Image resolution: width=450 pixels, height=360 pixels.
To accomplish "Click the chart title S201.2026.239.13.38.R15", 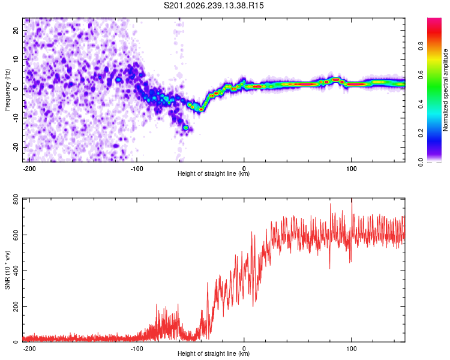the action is [214, 5].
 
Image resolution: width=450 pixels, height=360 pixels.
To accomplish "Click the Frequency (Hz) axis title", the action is [7, 90].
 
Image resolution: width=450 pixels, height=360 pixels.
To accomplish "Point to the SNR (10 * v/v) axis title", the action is [7, 270].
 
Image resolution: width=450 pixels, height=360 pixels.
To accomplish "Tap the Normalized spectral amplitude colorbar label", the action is [445, 90].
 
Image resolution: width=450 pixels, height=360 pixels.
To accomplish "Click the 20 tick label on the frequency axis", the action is [16, 31].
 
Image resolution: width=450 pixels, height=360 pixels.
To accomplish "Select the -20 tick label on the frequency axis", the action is [16, 147].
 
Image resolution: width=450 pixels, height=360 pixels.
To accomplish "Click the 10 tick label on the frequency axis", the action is [16, 60].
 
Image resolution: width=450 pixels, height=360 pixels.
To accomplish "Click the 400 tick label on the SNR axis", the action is [16, 271].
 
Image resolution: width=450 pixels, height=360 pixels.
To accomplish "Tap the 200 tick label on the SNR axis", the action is [16, 307].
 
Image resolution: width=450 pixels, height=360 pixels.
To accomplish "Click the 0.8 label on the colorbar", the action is [421, 46].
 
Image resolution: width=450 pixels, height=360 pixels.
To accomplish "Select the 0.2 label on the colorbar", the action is [421, 133].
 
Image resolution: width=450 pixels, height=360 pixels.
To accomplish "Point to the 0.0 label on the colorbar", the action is [421, 162].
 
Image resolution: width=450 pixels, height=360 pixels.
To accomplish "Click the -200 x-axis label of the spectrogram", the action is [29, 169].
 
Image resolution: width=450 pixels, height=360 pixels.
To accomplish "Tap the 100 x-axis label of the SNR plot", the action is [351, 349].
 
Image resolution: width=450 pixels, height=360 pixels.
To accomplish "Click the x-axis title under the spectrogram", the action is [214, 173].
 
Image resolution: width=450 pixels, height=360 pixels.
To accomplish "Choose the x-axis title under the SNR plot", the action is [214, 353].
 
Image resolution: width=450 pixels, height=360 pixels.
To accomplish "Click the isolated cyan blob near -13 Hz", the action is [186, 127].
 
